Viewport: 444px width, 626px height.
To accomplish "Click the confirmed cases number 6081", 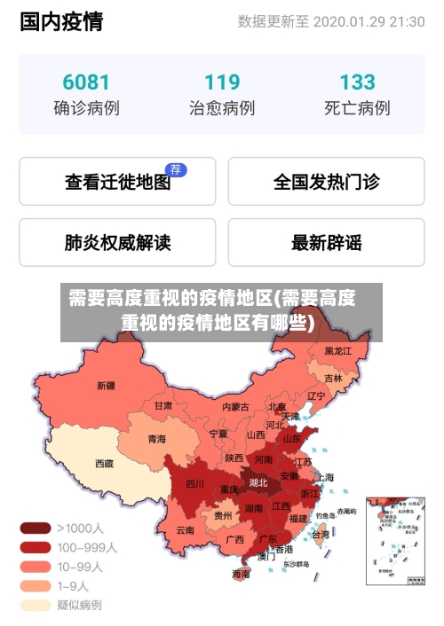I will tap(86, 82).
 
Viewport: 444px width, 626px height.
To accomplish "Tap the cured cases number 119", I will tap(221, 82).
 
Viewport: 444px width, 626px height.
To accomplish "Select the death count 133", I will tap(356, 82).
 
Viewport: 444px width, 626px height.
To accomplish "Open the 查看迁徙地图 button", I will tap(117, 182).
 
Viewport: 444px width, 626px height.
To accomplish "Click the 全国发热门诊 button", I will tap(326, 182).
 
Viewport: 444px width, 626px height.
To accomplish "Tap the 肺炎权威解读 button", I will tap(117, 242).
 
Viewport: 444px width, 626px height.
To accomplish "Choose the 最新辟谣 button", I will tap(326, 242).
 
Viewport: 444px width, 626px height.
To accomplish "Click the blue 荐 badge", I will tap(177, 169).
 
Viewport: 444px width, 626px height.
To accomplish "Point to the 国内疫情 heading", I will tap(61, 21).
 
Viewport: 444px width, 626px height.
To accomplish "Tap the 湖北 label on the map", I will tap(258, 483).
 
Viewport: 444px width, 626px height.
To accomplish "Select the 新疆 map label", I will tap(106, 386).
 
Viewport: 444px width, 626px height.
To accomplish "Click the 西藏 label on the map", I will tap(104, 463).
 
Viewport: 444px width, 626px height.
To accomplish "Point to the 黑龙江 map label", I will tap(337, 351).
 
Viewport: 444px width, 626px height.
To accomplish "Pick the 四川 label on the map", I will tap(194, 484).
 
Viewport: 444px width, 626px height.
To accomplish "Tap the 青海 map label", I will tap(156, 438).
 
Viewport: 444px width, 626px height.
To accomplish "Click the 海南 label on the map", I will tap(241, 574).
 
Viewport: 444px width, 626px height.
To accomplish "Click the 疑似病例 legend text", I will tap(80, 606).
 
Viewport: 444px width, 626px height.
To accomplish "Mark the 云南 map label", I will tap(185, 530).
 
